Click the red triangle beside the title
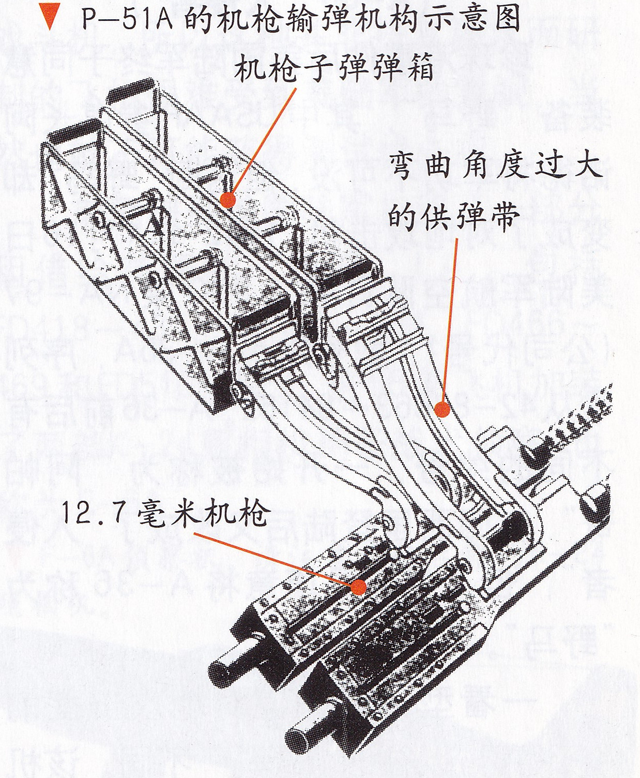tap(50, 20)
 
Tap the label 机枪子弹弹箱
tap(333, 69)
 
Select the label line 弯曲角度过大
tap(496, 167)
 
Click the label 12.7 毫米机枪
tap(165, 514)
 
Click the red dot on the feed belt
tap(441, 409)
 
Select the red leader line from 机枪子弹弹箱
tap(263, 142)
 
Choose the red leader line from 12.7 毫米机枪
tap(274, 559)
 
